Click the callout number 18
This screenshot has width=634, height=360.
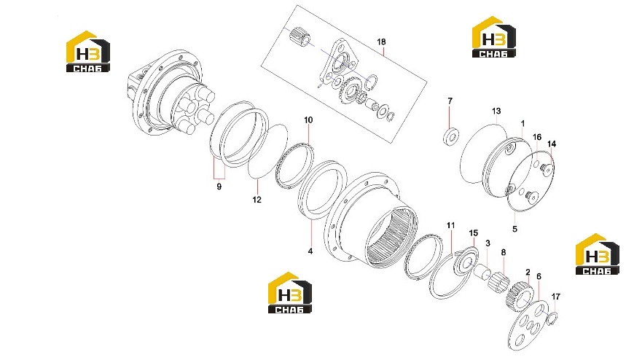(381, 42)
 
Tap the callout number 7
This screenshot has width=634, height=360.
(450, 101)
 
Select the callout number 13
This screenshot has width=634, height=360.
(496, 111)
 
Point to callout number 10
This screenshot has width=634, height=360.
(308, 120)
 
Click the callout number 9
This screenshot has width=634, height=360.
(219, 187)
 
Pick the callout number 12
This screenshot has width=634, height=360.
(257, 200)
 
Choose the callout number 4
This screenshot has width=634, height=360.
(310, 251)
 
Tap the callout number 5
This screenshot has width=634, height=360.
(514, 229)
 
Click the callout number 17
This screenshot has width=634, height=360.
(556, 297)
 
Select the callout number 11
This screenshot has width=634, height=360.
(451, 225)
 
